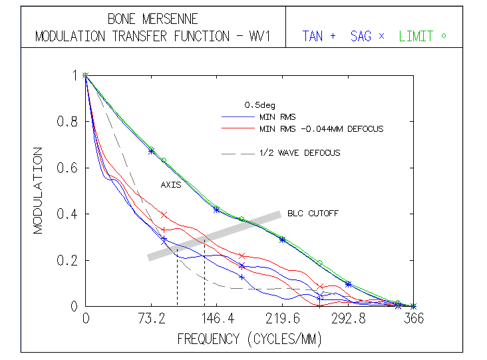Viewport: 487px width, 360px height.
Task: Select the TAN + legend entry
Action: coord(319,37)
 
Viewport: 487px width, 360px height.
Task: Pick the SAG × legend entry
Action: coord(367,37)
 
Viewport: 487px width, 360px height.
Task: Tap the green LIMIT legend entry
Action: coord(422,37)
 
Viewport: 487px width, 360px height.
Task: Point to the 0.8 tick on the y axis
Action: coord(69,122)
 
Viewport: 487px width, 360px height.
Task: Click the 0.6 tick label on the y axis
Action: coord(69,168)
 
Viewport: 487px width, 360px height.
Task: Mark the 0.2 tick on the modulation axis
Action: coord(69,260)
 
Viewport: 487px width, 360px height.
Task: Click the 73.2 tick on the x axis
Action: coord(151,319)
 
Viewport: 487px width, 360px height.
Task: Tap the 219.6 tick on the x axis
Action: coord(283,319)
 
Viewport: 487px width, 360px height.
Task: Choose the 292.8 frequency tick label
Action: coord(348,319)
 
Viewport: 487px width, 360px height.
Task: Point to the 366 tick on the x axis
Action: coord(413,319)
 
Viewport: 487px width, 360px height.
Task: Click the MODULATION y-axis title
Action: coord(38,190)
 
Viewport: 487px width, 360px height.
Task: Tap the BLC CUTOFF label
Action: coord(313,214)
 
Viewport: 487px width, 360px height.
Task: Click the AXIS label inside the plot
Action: coord(171,185)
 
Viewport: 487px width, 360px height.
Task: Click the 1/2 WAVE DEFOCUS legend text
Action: coord(299,153)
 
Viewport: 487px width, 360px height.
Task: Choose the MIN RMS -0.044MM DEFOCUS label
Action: coord(321,128)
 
